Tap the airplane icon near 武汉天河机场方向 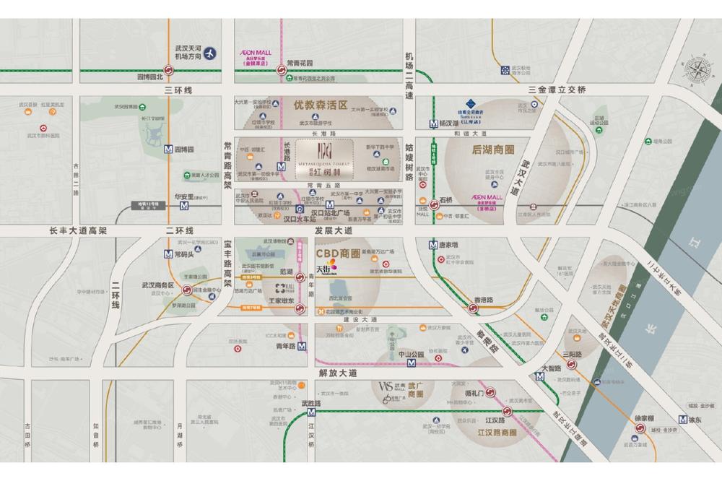coord(210,53)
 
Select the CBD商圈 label coord(336,253)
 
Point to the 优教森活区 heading coord(320,105)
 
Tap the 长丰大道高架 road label coord(77,230)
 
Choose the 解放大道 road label coord(337,373)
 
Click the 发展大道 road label coord(334,230)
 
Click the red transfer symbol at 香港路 coord(474,308)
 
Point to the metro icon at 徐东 coord(683,419)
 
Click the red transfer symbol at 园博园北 coord(168,70)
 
